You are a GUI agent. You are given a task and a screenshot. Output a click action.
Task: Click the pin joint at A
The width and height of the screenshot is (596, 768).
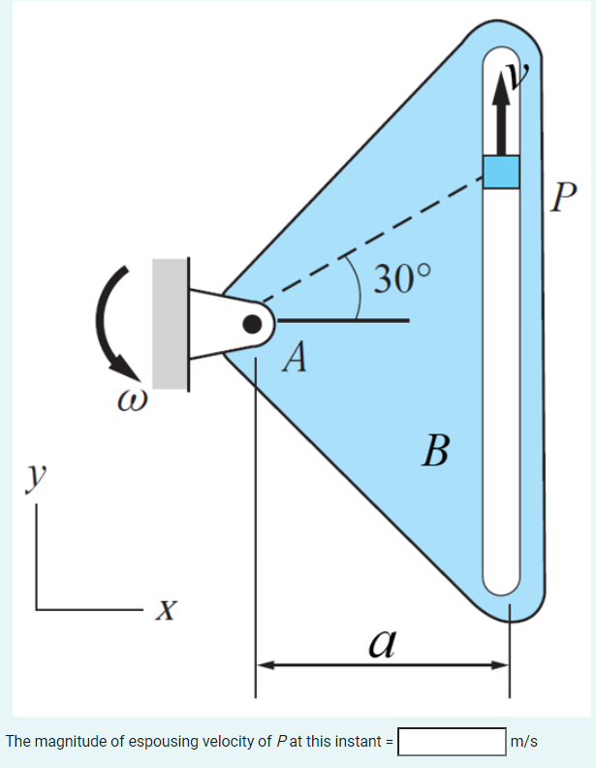[253, 324]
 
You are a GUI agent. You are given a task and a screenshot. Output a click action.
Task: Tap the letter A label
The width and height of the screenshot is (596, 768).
[297, 360]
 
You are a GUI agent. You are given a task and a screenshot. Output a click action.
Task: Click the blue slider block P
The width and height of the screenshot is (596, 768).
[502, 172]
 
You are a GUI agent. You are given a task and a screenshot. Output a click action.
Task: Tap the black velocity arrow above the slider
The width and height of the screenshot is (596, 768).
[501, 112]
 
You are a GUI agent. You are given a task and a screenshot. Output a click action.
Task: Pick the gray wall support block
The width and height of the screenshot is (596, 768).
[170, 323]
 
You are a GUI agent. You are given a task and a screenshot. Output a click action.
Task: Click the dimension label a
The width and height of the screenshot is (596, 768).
[382, 640]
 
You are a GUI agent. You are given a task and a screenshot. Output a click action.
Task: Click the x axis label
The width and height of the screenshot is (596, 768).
[168, 610]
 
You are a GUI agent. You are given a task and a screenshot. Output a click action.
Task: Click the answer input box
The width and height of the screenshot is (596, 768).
[451, 743]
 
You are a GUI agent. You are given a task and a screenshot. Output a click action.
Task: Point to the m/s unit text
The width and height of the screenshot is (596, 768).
[524, 743]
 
